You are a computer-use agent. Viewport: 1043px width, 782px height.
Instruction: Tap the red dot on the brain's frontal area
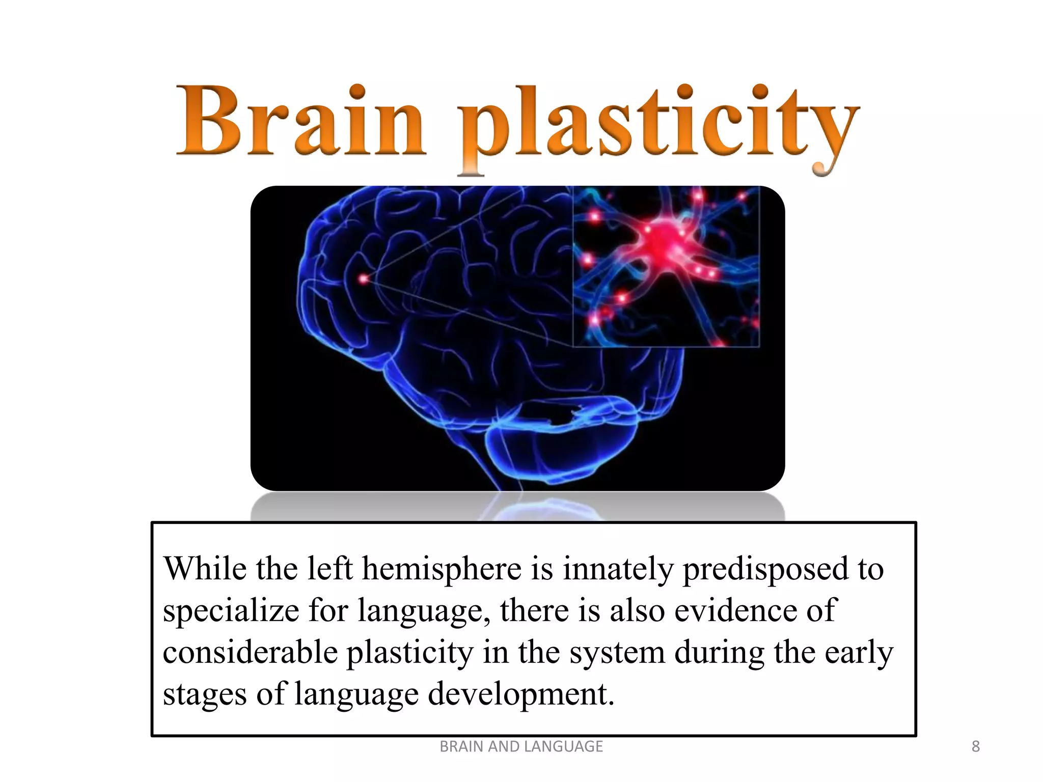[x=363, y=279]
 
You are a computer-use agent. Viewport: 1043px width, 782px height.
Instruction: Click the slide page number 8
[x=975, y=746]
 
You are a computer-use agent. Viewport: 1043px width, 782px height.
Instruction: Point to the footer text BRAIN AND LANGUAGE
[x=521, y=746]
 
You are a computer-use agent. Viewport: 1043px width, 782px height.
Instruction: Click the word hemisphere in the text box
[x=442, y=569]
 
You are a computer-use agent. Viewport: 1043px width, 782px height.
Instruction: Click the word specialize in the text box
[x=231, y=611]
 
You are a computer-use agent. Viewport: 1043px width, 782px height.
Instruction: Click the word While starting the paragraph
[x=205, y=569]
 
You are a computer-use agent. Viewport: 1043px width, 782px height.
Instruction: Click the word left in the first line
[x=331, y=569]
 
